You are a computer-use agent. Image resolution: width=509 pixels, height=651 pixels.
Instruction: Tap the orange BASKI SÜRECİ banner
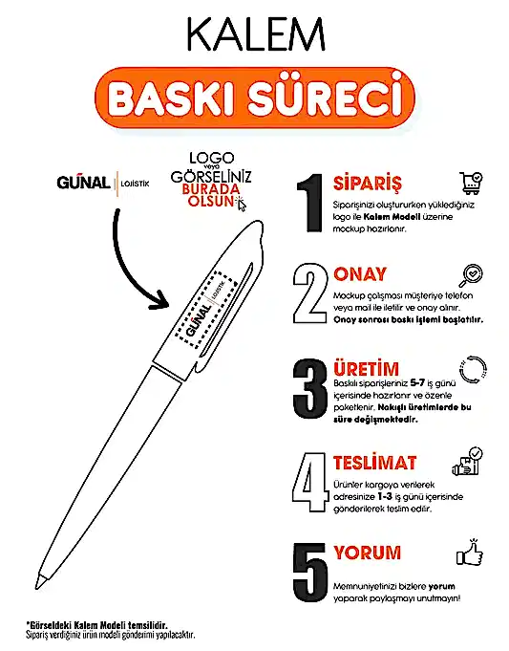(x=254, y=98)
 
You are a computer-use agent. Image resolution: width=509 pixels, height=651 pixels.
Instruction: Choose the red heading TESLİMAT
(x=374, y=464)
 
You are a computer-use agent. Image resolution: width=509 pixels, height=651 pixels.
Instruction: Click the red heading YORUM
(x=367, y=553)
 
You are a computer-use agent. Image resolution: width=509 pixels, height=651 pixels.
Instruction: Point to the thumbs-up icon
(x=471, y=553)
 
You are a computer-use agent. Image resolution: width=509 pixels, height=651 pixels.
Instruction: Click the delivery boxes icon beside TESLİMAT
(x=472, y=460)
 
